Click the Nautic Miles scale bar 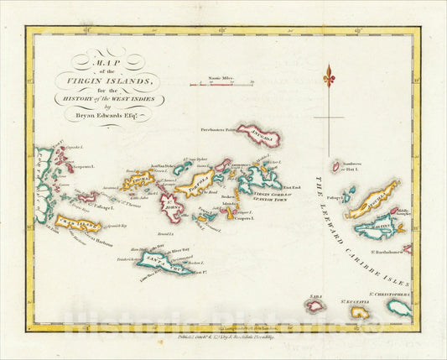(x=211, y=85)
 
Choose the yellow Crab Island (x=79, y=224)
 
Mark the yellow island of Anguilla (x=370, y=201)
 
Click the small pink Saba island (x=315, y=305)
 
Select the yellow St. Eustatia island (x=360, y=312)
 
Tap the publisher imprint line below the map (x=224, y=342)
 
